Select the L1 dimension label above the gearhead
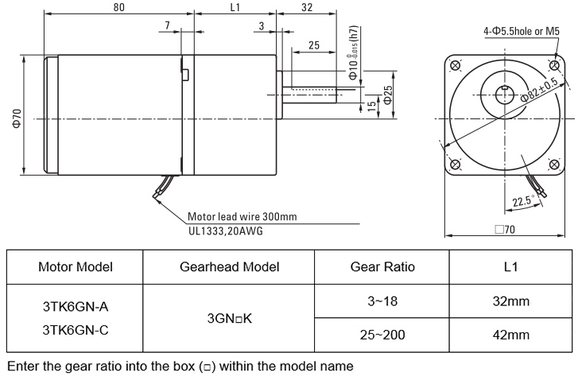pyautogui.click(x=235, y=7)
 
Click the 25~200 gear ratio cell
pyautogui.click(x=382, y=334)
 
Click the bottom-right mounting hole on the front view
pyautogui.click(x=551, y=165)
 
